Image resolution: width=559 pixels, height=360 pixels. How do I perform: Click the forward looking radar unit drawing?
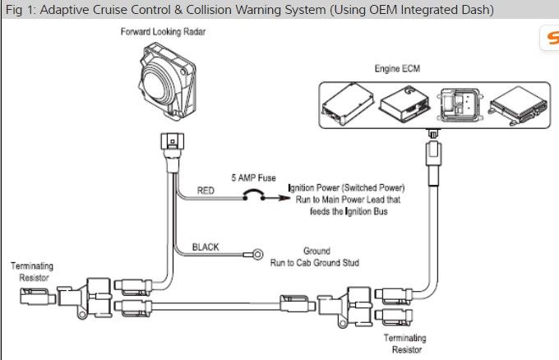(x=165, y=81)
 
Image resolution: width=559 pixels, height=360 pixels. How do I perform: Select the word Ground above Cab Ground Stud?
(x=316, y=251)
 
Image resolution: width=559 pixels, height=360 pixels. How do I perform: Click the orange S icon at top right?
(x=551, y=38)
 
